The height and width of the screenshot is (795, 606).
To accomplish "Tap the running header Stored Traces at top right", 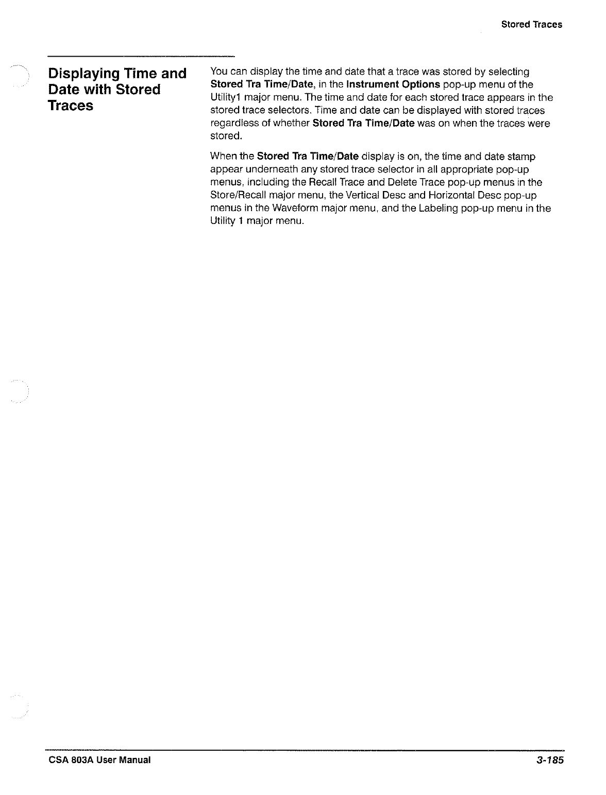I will [x=531, y=24].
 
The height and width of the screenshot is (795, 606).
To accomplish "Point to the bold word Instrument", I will [x=372, y=84].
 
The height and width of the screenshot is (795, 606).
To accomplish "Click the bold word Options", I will [x=419, y=84].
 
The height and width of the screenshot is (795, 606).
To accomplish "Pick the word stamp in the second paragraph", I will [x=521, y=157].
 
